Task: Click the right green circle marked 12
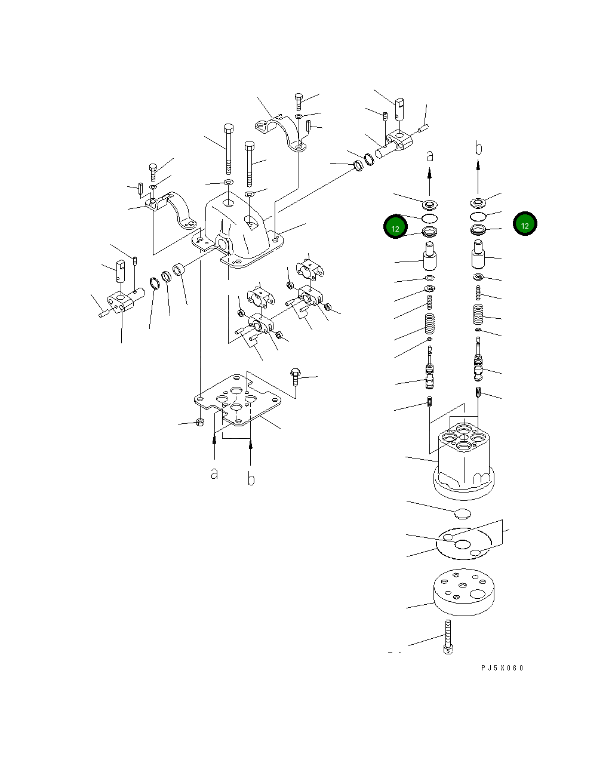pos(525,224)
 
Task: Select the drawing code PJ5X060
pos(502,668)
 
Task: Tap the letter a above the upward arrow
pos(429,156)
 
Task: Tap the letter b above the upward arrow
pos(478,149)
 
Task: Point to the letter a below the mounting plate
pos(214,473)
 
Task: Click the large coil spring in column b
pos(478,314)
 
